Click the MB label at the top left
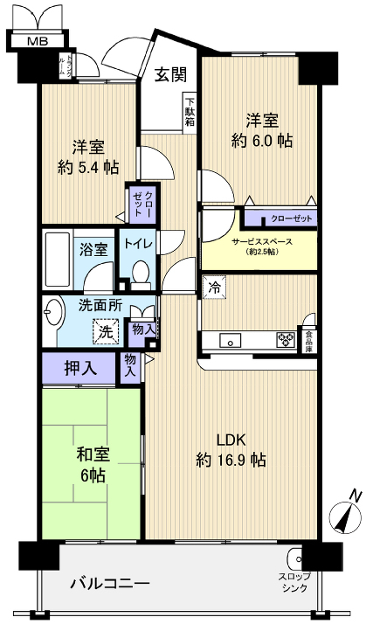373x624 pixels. pyautogui.click(x=37, y=41)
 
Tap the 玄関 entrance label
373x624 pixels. pyautogui.click(x=170, y=75)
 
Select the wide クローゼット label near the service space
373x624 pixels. pyautogui.click(x=280, y=218)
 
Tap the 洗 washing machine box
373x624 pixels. pyautogui.click(x=105, y=332)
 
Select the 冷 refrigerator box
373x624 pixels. pyautogui.click(x=214, y=287)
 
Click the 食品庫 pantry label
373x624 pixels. pyautogui.click(x=307, y=340)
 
